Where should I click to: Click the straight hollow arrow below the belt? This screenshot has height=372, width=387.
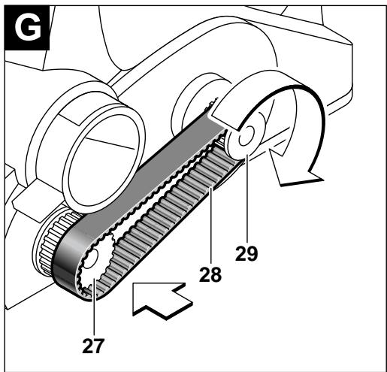[157, 300]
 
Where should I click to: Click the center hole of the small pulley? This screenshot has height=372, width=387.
[246, 137]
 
